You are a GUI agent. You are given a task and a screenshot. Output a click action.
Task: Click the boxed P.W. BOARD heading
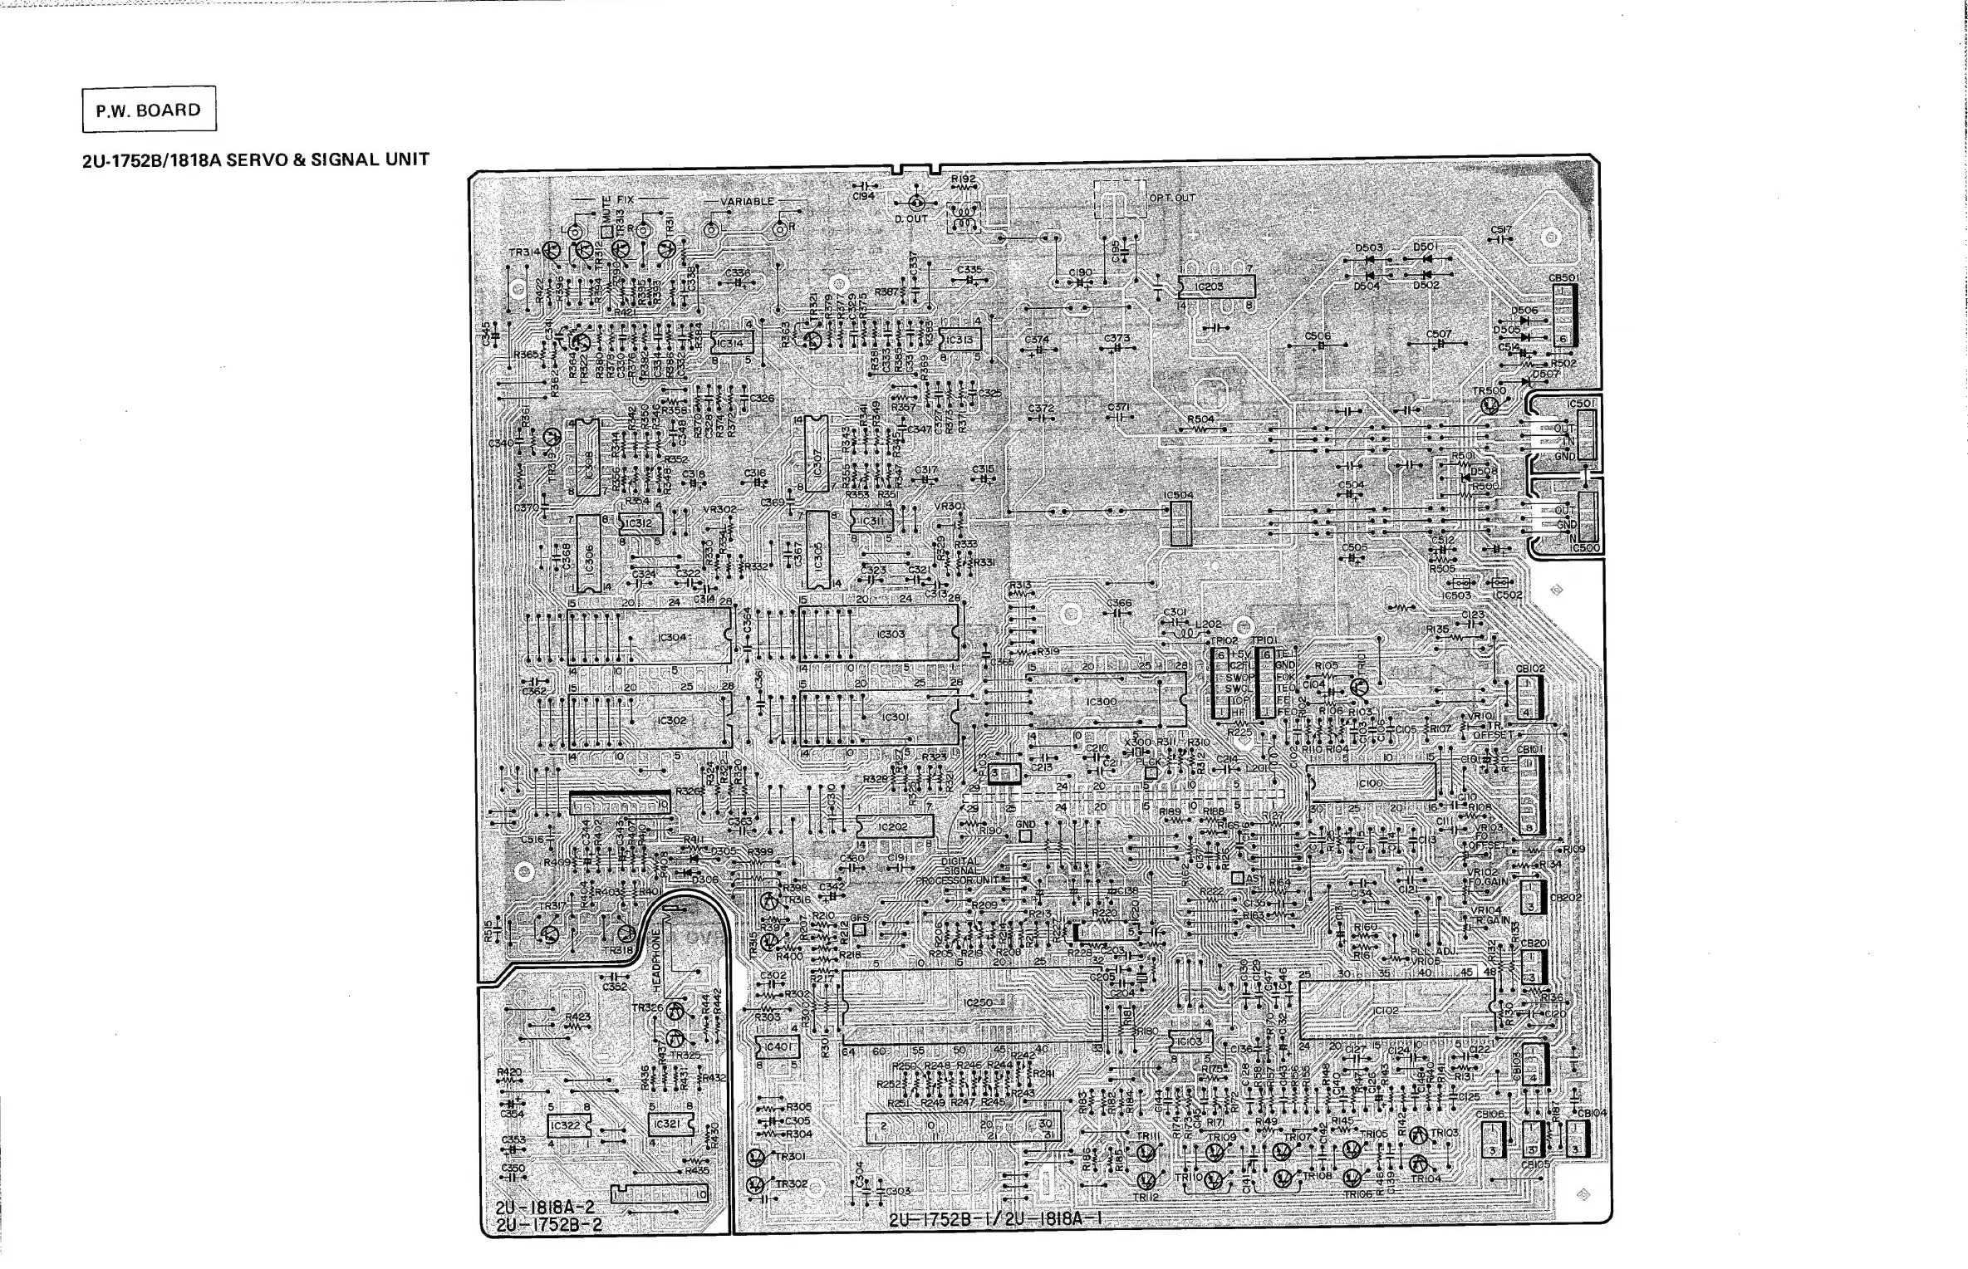(149, 110)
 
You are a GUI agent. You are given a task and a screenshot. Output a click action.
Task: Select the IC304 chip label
(672, 638)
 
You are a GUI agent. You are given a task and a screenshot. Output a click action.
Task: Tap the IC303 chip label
(891, 634)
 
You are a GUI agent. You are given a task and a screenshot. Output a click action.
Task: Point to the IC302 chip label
(671, 720)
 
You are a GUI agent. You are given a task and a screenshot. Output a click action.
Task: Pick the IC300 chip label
(1102, 702)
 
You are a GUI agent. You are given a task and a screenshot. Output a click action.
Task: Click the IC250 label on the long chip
(978, 1002)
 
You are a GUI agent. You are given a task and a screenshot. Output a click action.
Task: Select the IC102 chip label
(1386, 1011)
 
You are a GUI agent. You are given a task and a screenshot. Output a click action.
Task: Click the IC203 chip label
(1209, 287)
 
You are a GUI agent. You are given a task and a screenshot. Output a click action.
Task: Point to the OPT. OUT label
(1172, 198)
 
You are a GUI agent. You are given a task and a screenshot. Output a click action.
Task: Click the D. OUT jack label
(911, 219)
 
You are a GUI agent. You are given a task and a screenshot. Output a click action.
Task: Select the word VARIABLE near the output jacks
(747, 202)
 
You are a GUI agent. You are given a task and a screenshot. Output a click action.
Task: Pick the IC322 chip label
(565, 1125)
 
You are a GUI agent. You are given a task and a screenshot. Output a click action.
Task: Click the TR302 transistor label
(791, 1183)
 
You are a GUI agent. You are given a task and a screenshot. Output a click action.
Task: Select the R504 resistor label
(1200, 419)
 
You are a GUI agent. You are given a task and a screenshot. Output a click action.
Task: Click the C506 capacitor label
(1318, 336)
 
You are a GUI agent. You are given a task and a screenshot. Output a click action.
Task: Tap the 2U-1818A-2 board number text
(550, 1208)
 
